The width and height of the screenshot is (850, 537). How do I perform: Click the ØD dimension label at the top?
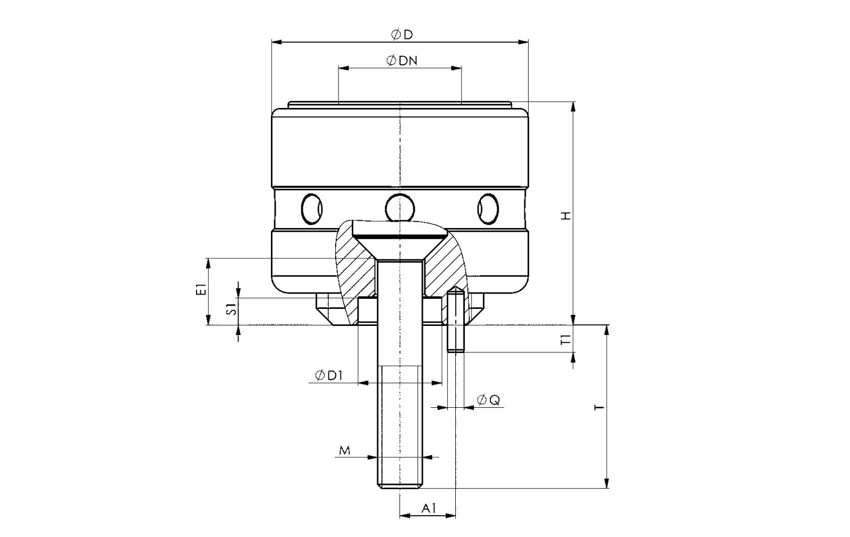[x=402, y=35]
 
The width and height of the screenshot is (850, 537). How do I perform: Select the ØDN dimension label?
[x=402, y=61]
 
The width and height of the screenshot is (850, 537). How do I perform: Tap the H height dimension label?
[x=566, y=216]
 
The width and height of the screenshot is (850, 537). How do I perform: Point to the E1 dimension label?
[x=201, y=289]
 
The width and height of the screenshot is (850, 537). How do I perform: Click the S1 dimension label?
[x=232, y=309]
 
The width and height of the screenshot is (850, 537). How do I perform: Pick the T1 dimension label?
[x=566, y=339]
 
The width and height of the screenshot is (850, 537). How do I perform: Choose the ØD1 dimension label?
[x=329, y=375]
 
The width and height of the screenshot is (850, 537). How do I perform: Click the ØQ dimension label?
[x=488, y=400]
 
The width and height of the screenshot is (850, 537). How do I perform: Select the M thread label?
[x=345, y=451]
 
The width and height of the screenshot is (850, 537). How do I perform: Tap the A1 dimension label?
[x=429, y=508]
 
